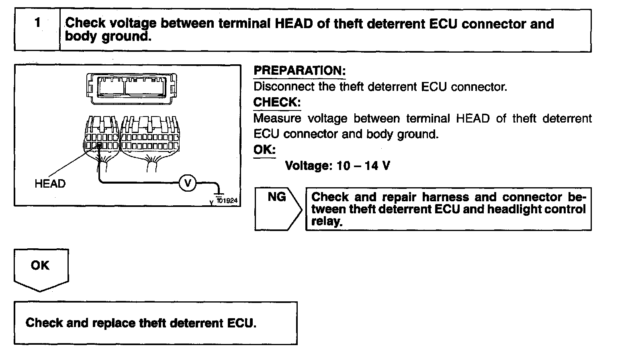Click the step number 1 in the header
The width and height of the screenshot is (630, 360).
click(37, 22)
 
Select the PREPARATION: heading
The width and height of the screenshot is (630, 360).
click(299, 71)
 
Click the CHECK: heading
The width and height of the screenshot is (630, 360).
click(277, 102)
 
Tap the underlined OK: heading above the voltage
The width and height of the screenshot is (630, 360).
click(264, 150)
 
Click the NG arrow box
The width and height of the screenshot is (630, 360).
click(278, 209)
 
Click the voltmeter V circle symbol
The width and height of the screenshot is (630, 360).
click(187, 183)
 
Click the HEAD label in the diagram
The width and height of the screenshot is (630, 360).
click(50, 184)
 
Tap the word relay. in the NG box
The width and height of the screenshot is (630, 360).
click(327, 222)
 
